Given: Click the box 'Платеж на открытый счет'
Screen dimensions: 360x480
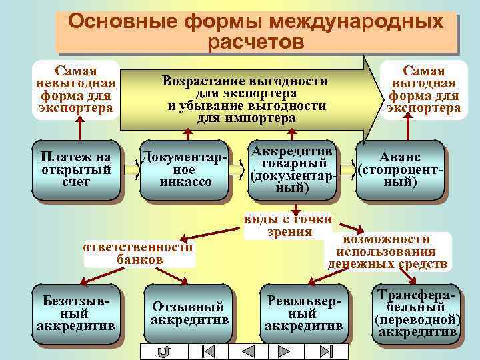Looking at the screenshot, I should (x=76, y=169).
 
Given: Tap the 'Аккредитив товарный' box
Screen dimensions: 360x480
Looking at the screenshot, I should (x=292, y=169).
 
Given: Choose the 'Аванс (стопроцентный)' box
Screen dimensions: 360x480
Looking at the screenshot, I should (x=400, y=169).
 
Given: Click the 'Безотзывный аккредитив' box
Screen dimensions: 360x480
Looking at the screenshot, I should (x=76, y=314).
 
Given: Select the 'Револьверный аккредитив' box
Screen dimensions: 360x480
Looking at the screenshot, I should (x=304, y=314).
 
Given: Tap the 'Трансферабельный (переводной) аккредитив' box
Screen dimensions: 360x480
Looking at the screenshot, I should (x=417, y=314).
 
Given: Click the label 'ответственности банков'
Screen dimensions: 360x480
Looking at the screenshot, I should (x=139, y=253).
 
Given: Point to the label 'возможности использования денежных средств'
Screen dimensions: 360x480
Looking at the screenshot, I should (x=387, y=252).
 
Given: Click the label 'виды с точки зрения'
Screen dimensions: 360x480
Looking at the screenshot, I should (x=288, y=225).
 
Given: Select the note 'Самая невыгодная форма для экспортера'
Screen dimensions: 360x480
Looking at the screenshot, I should (x=76, y=89).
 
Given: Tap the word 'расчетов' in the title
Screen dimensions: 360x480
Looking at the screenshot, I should (x=256, y=43).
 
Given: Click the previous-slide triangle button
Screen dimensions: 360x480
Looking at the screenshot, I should (x=248, y=351).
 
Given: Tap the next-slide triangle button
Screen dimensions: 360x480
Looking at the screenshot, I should (x=287, y=351).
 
